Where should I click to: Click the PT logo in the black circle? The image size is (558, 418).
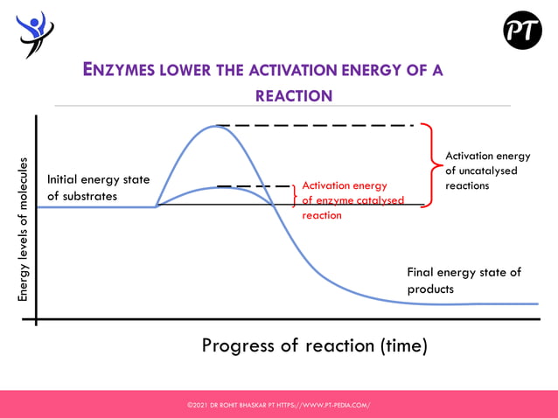click(522, 31)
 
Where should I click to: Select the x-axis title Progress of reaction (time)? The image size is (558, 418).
click(314, 345)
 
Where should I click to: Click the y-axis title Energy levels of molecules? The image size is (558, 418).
click(24, 230)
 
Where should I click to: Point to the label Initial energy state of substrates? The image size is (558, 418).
click(98, 187)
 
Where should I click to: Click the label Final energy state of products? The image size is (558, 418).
click(464, 280)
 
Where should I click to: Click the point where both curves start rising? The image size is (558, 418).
click(157, 206)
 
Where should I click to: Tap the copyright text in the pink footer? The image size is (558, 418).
click(278, 405)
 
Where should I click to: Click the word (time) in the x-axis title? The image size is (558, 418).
click(401, 345)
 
